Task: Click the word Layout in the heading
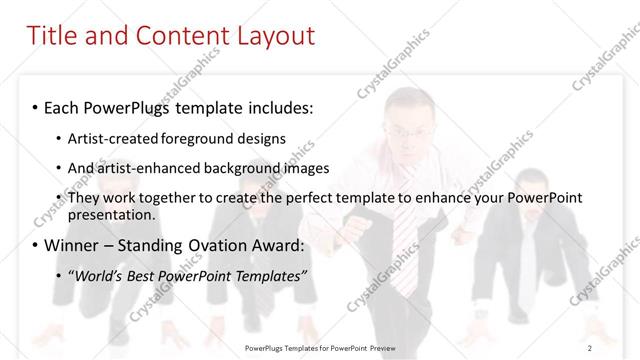[x=272, y=36]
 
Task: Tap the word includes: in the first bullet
[x=271, y=106]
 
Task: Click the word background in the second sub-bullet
[x=246, y=168]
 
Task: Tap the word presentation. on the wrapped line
[x=111, y=215]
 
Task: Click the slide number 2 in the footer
[x=591, y=347]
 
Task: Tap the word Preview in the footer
[x=390, y=347]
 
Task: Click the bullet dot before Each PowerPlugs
[x=36, y=106]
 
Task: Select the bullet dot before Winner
[x=36, y=245]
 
